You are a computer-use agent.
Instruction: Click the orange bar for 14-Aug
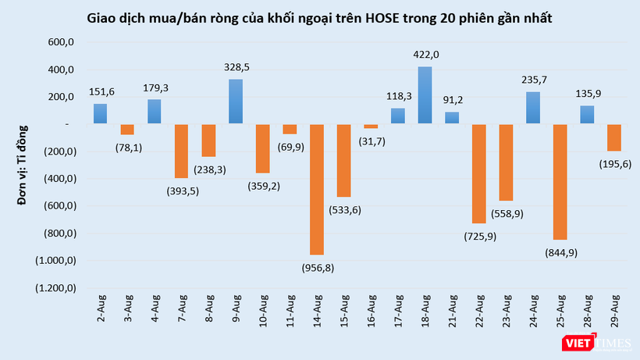coord(317,189)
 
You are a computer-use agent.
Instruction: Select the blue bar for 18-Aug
coord(425,95)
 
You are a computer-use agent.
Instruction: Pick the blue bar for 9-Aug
coord(236,102)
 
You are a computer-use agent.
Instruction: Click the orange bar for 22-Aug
coord(479,173)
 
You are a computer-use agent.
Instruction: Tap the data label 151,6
coord(101,91)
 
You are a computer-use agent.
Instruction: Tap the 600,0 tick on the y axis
coord(59,42)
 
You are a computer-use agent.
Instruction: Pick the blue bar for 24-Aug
coord(534,108)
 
